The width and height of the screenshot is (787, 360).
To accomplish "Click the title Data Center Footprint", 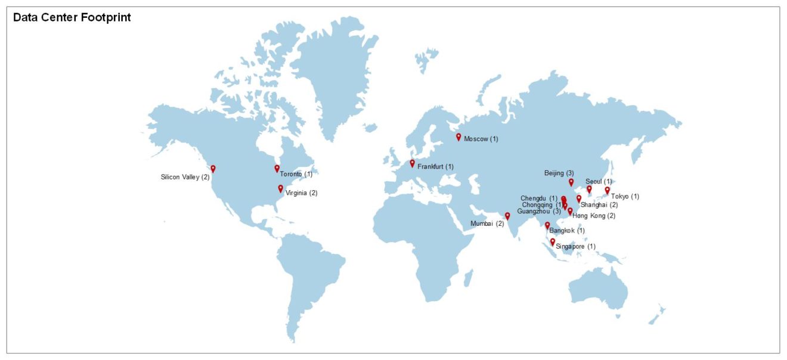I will (72, 18).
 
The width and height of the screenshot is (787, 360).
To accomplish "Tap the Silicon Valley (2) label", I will (185, 177).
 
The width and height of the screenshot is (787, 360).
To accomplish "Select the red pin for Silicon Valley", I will (213, 169).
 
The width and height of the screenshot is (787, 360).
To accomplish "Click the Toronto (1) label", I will (296, 174).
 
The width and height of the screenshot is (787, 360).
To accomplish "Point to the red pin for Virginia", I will (281, 188).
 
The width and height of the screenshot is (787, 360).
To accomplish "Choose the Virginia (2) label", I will (302, 193).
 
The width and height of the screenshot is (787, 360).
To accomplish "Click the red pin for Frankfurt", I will (412, 163).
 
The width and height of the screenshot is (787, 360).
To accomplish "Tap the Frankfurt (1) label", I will (436, 166).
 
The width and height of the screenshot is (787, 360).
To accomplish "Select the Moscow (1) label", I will (481, 139).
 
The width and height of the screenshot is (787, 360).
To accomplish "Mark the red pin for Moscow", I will (458, 136).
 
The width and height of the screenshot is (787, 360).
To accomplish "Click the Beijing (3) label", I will (559, 173).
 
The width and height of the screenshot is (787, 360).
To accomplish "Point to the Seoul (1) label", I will (599, 181).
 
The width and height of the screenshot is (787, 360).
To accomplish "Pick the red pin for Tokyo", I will (608, 190).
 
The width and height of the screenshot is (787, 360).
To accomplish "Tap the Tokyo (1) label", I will (625, 196).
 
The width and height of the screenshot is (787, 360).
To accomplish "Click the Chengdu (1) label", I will (539, 198).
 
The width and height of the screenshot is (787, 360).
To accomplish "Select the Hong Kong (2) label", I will (594, 215).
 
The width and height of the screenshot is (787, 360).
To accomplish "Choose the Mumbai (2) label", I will (487, 224).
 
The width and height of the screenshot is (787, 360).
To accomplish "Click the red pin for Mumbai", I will (507, 216).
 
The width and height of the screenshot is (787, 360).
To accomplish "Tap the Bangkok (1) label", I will (567, 230).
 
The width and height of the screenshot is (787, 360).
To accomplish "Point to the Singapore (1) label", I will (575, 246).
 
